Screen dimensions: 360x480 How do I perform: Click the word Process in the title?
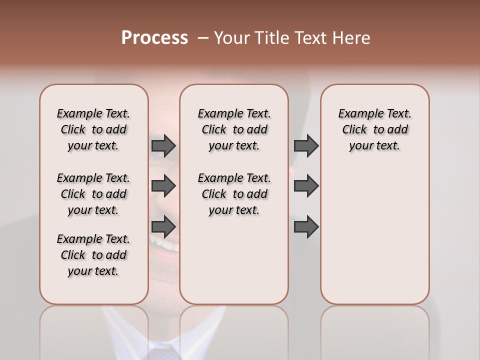pyautogui.click(x=154, y=38)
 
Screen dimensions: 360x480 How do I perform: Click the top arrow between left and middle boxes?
pyautogui.click(x=163, y=145)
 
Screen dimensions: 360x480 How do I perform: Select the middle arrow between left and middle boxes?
pyautogui.click(x=163, y=186)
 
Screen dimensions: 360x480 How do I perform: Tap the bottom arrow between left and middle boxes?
pyautogui.click(x=163, y=226)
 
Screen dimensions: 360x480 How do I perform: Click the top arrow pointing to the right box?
pyautogui.click(x=306, y=145)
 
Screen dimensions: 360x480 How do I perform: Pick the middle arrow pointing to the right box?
pyautogui.click(x=306, y=186)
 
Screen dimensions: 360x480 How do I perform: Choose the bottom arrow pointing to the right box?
pyautogui.click(x=306, y=226)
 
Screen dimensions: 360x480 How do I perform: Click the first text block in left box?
pyautogui.click(x=93, y=129)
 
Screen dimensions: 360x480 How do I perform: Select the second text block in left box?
pyautogui.click(x=93, y=194)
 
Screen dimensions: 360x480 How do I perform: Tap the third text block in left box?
pyautogui.click(x=93, y=255)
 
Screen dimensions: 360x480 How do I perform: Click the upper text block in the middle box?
pyautogui.click(x=234, y=129)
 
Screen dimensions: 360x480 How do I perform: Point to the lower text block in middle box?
pyautogui.click(x=234, y=194)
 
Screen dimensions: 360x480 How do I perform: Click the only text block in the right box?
pyautogui.click(x=374, y=129)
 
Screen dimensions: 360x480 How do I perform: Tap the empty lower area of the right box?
pyautogui.click(x=374, y=240)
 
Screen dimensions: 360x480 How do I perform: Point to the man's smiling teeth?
pyautogui.click(x=167, y=245)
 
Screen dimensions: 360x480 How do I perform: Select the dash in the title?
pyautogui.click(x=202, y=38)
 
